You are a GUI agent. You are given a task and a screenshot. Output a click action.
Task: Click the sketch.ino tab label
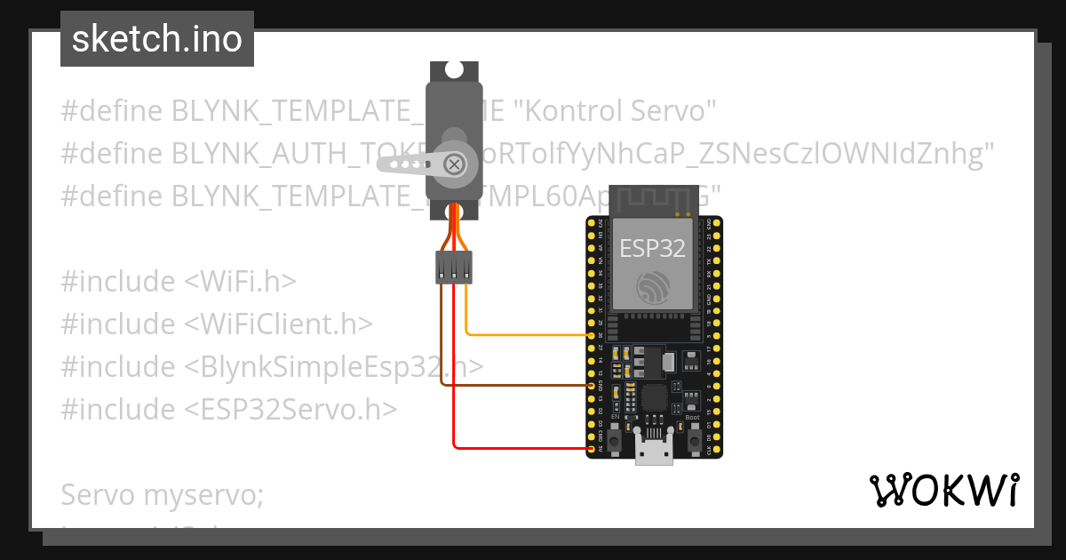157,40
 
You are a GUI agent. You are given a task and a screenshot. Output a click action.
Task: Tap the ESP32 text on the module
652,248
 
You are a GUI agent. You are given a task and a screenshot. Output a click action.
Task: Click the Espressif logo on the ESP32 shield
653,286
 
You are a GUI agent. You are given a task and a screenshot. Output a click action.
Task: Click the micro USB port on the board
653,452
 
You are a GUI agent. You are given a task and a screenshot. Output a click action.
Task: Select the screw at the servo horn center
454,164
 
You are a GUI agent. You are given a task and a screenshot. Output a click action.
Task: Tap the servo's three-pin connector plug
453,267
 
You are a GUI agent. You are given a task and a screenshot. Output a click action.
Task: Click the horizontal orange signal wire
529,335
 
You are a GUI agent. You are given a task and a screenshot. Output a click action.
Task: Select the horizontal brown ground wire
515,386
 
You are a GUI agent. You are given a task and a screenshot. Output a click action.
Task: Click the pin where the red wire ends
592,449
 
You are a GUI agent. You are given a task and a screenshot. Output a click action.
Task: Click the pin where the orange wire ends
592,335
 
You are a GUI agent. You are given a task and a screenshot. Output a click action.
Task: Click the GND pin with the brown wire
592,386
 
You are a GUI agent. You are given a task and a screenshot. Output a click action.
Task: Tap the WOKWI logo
943,491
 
